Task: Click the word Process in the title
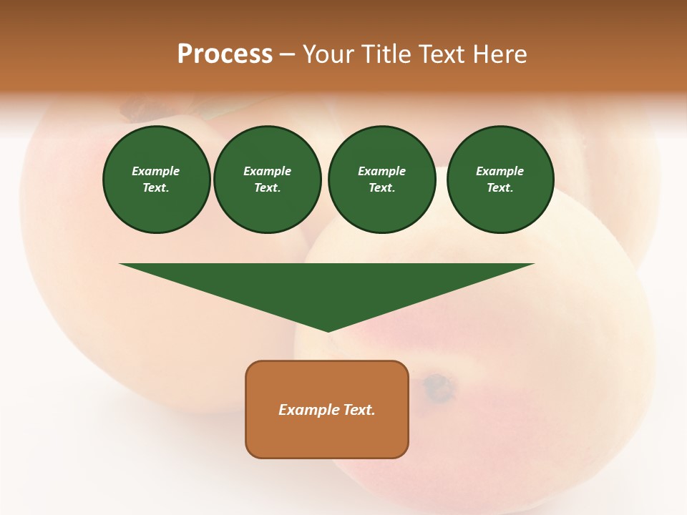[x=225, y=54]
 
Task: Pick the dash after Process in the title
[x=287, y=55]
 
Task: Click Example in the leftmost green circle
[x=156, y=171]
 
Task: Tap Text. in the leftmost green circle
[x=156, y=188]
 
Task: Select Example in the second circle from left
[x=267, y=171]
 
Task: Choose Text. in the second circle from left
[x=267, y=188]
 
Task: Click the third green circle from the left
[x=381, y=180]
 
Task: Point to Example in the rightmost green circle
[x=500, y=171]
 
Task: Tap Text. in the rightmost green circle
[x=500, y=188]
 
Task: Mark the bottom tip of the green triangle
[x=328, y=330]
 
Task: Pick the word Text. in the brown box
[x=359, y=410]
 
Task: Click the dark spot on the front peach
[x=439, y=387]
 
